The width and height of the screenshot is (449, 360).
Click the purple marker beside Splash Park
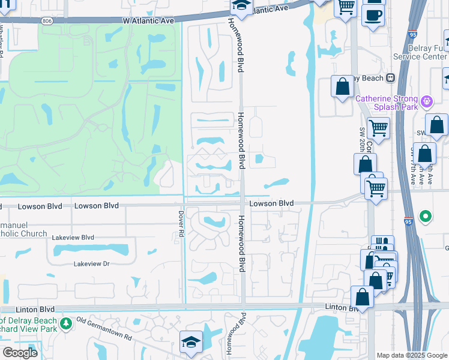tap(427, 101)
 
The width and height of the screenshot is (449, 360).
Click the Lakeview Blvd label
tap(73, 238)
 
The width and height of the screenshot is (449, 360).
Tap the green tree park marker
tap(65, 325)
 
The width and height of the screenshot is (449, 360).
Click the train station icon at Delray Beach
tap(390, 77)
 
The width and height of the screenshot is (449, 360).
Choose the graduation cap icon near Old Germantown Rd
tap(191, 341)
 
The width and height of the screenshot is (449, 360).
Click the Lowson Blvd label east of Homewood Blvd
tap(271, 203)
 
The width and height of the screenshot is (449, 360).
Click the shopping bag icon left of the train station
tap(342, 86)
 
